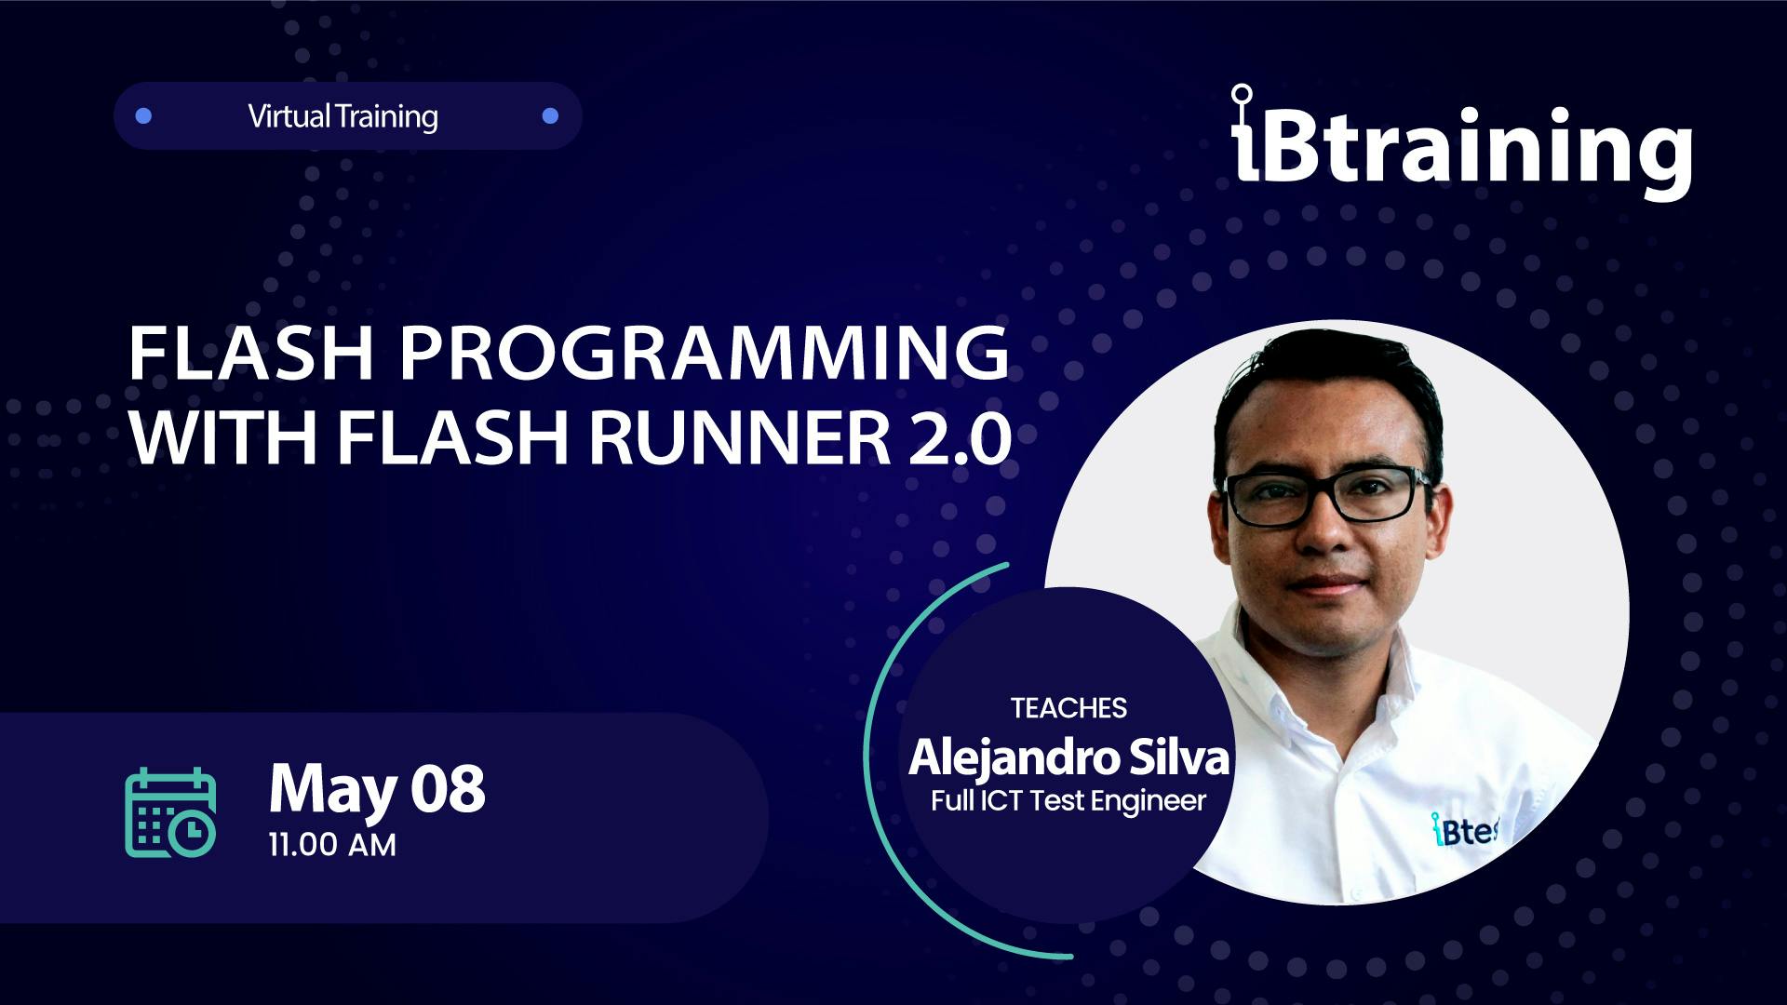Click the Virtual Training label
(x=343, y=117)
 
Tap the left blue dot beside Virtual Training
(x=143, y=116)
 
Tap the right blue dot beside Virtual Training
(x=550, y=116)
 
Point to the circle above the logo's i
(x=1242, y=94)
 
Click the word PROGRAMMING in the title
(x=705, y=354)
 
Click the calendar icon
(x=170, y=812)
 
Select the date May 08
(x=377, y=789)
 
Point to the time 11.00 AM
(x=332, y=845)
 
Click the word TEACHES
(x=1068, y=708)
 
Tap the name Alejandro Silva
(x=1068, y=757)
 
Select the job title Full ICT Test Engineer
(x=1068, y=801)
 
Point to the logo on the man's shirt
(x=1463, y=830)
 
